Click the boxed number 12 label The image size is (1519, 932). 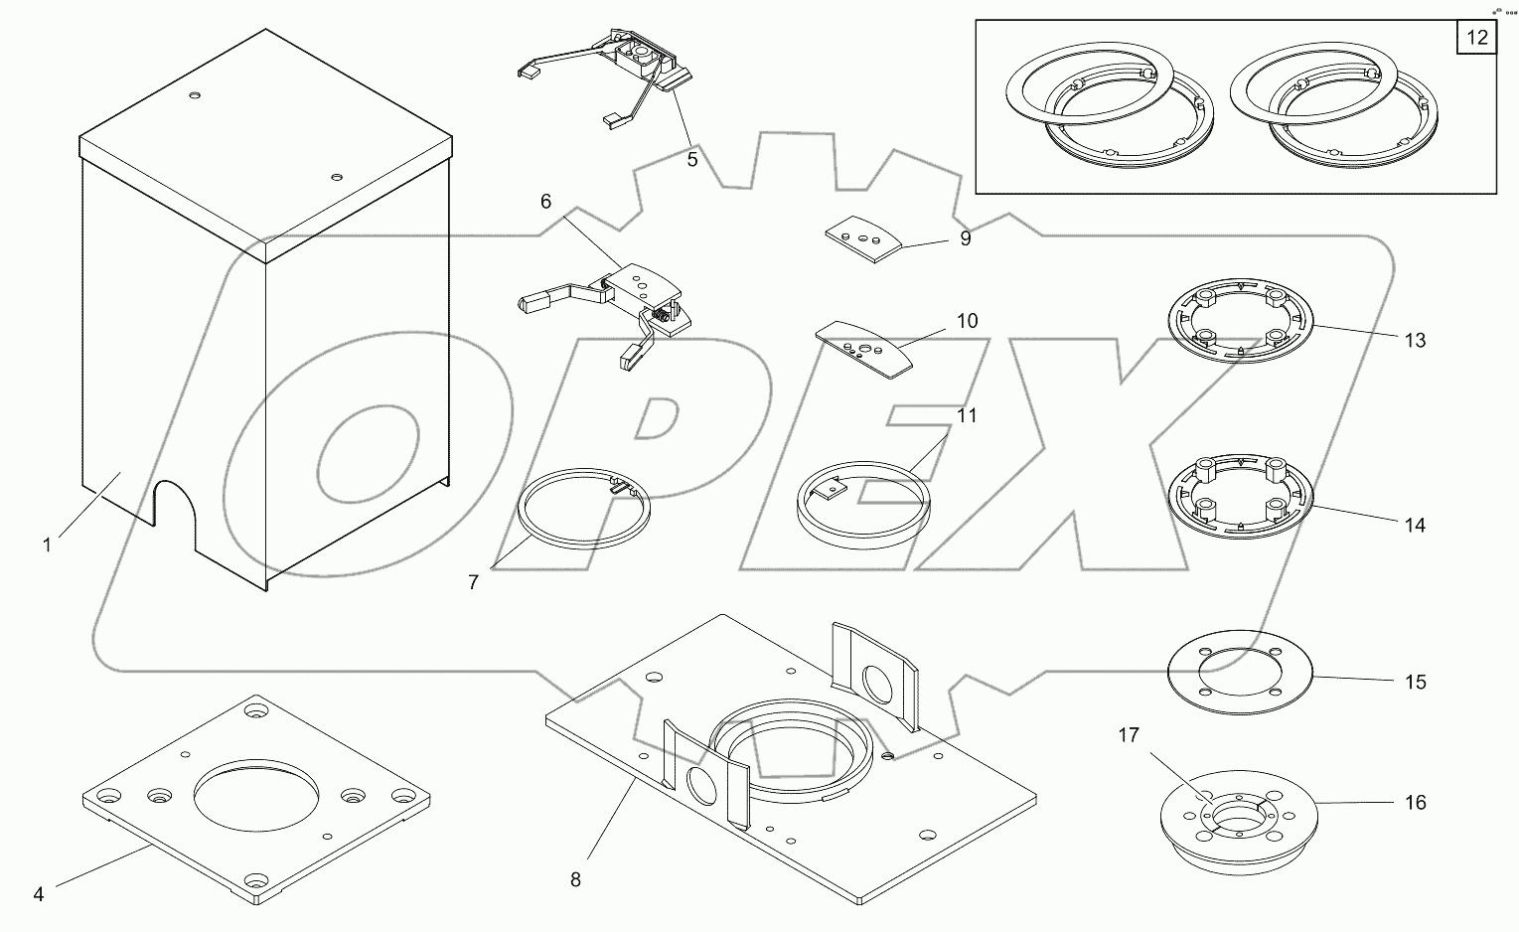click(x=1477, y=38)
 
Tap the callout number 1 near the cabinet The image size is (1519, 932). click(x=47, y=544)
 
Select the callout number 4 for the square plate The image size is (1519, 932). click(x=38, y=894)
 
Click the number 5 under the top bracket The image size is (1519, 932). click(x=692, y=159)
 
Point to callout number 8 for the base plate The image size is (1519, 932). click(x=575, y=879)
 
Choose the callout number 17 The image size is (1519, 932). click(x=1128, y=735)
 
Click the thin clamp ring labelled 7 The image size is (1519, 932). click(x=586, y=507)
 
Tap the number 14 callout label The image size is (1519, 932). click(x=1414, y=525)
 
